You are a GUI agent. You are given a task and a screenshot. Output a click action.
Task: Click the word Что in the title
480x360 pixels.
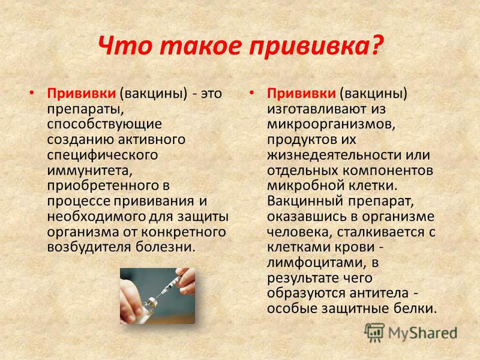coord(125,46)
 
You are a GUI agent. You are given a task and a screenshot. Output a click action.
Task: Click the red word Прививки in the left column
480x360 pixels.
coord(82,93)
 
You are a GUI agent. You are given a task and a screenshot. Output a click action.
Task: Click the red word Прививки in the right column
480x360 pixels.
coord(301,93)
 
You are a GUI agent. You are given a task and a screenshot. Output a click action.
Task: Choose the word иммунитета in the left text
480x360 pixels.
coord(89,170)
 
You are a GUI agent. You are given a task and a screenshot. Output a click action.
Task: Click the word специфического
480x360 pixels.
coord(103,155)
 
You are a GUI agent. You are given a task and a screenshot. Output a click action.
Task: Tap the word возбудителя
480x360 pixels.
coord(89,247)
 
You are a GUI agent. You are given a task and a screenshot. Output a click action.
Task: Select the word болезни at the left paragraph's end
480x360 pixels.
coord(166,247)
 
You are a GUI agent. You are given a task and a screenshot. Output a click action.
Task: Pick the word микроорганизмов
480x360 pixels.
coord(331,125)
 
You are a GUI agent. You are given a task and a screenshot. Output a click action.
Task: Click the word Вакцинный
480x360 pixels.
coord(305,202)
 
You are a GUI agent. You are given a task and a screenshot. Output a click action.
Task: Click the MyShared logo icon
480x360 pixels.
coord(374,333)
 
